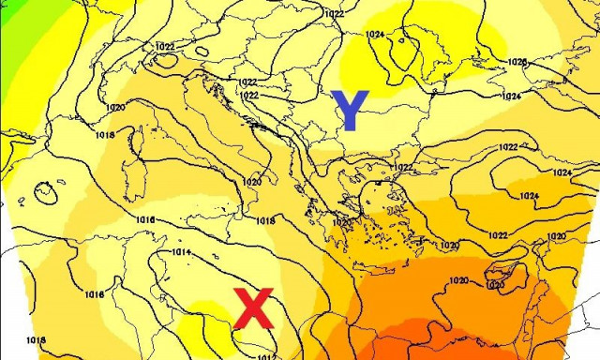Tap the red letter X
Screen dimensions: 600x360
click(253, 309)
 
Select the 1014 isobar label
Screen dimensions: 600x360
click(181, 252)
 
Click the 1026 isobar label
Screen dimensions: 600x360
click(517, 62)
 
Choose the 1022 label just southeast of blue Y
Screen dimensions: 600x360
click(403, 167)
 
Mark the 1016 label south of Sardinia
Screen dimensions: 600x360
click(145, 219)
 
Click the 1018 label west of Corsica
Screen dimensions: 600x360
click(103, 136)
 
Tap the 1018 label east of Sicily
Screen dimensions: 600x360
click(265, 220)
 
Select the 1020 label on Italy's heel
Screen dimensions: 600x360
click(252, 182)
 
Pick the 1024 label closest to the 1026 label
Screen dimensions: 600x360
click(511, 97)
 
